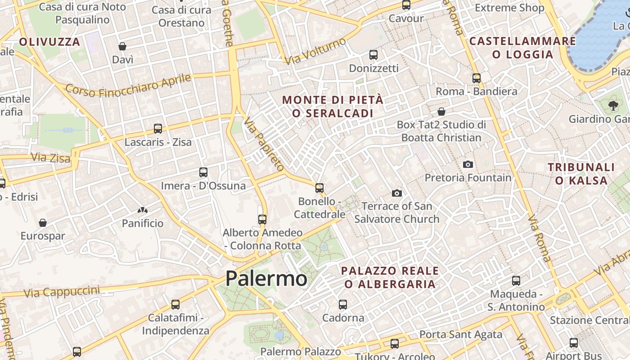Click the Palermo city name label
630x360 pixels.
click(266, 279)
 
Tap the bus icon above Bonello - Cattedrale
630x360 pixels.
click(319, 188)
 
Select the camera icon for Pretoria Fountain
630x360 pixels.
click(468, 164)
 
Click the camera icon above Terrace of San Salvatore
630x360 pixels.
click(396, 193)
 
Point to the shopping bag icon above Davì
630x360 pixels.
click(122, 46)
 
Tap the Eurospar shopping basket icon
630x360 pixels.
click(43, 222)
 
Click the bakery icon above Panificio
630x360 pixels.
click(143, 210)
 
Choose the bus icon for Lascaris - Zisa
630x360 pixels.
click(158, 129)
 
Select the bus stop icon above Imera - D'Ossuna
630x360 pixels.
click(203, 172)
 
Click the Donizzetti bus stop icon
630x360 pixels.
click(373, 55)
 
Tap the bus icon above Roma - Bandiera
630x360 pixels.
click(477, 78)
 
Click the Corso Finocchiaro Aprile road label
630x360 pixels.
click(129, 85)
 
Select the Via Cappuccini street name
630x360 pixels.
click(62, 292)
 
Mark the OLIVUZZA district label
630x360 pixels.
click(49, 42)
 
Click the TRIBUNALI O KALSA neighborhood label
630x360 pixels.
click(581, 174)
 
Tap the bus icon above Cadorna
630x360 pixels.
click(343, 304)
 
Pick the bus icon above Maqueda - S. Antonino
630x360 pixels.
click(516, 281)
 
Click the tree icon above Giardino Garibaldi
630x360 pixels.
click(612, 106)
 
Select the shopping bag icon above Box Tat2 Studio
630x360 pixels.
click(441, 111)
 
